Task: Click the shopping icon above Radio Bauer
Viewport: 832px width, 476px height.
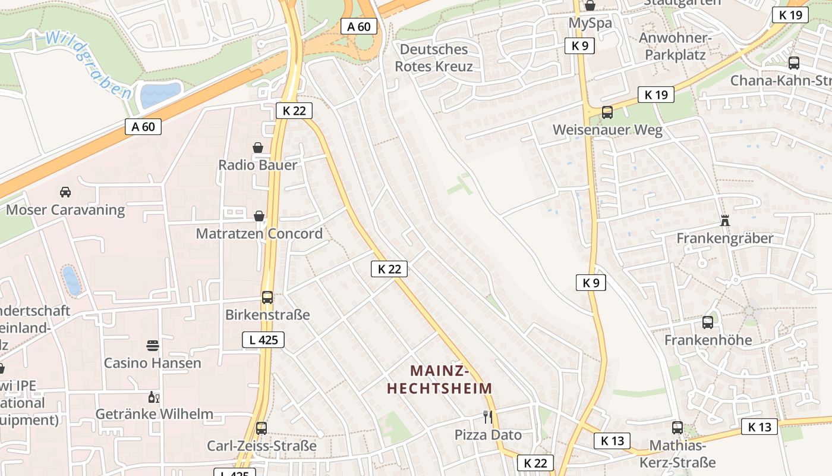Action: tap(258, 148)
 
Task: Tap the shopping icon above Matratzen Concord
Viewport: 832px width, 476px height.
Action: tap(259, 216)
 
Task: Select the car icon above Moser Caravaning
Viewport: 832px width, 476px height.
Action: tap(65, 192)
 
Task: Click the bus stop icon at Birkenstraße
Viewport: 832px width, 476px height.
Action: tap(267, 297)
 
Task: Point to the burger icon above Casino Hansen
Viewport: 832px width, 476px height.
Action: tap(153, 346)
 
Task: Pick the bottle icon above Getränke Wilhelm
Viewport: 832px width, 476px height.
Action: tap(153, 397)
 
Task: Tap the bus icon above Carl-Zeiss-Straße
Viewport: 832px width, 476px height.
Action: tap(261, 428)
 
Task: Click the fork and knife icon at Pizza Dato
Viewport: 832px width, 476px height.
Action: tap(488, 417)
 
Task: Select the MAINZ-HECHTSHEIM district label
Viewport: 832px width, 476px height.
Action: tap(440, 380)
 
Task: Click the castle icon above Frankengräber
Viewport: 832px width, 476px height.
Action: tap(724, 221)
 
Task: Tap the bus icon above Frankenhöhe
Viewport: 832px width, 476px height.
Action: tap(708, 322)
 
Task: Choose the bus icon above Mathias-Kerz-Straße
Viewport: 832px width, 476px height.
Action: tap(677, 427)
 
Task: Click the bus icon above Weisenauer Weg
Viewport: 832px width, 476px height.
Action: tap(607, 112)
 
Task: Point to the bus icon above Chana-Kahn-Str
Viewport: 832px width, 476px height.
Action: tap(793, 62)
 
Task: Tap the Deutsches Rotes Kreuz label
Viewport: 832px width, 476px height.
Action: tap(434, 58)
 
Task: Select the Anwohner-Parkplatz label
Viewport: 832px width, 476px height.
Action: tap(675, 46)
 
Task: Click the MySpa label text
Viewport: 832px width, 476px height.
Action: tap(590, 23)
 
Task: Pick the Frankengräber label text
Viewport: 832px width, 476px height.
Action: tap(724, 238)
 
